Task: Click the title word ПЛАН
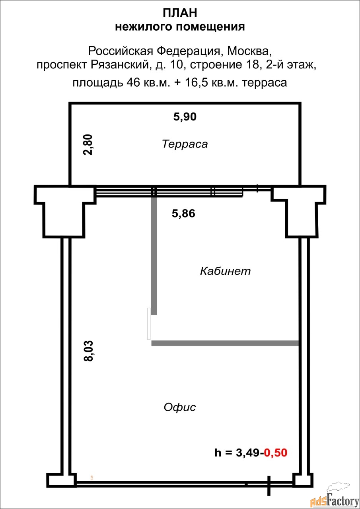[180, 13]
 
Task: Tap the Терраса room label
[185, 144]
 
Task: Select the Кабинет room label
[225, 271]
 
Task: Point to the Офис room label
[179, 407]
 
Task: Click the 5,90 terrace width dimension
[185, 117]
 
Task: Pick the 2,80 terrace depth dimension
[88, 144]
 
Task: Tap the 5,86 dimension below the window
[183, 214]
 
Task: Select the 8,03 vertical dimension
[88, 351]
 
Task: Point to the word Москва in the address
[249, 51]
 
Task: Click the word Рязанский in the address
[120, 65]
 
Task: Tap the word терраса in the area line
[264, 82]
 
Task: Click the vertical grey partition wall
[154, 256]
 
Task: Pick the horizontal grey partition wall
[225, 343]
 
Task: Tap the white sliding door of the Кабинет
[149, 324]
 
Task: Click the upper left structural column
[65, 211]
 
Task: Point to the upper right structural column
[299, 211]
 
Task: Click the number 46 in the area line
[133, 82]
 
